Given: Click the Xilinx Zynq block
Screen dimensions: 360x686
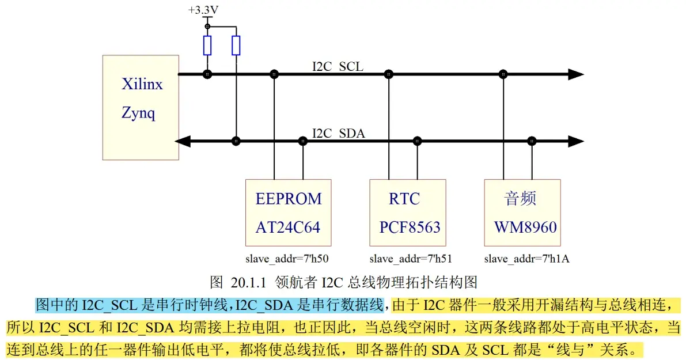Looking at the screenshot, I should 141,107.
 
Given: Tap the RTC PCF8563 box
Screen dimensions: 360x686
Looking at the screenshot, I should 408,213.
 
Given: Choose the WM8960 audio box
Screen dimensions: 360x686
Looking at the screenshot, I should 522,213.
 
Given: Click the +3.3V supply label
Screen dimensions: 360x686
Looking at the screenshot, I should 203,10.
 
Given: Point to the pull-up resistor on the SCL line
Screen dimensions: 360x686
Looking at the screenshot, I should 207,45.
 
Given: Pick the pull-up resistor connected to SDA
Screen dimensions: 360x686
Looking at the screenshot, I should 236,45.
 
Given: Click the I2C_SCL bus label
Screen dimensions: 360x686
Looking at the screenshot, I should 338,67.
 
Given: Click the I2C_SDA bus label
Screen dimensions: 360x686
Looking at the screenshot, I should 338,134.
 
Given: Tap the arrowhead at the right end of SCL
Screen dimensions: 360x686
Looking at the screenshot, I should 575,74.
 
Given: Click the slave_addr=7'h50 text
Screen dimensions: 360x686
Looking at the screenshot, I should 287,259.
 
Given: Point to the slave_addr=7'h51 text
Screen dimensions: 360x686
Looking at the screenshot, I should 407,259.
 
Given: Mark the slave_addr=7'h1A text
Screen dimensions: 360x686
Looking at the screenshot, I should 526,259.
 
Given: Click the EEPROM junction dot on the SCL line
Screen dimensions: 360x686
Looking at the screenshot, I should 274,74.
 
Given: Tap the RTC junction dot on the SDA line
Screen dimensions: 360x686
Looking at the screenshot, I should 418,141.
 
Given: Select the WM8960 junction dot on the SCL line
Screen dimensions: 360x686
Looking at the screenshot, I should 503,74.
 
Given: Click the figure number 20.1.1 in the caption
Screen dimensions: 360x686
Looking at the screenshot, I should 247,282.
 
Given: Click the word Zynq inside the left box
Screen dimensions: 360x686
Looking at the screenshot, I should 138,113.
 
